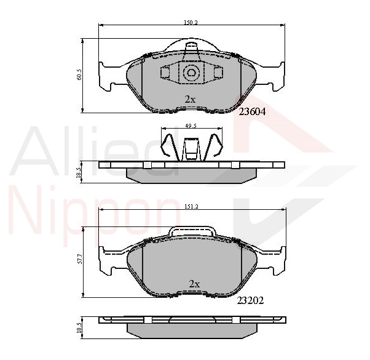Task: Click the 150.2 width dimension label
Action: tap(191, 22)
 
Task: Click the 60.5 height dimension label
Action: tap(79, 75)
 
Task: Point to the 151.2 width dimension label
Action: tap(191, 206)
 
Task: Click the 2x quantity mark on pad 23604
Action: tap(190, 99)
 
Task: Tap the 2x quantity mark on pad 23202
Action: tap(194, 284)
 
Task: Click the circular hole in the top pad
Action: tap(191, 73)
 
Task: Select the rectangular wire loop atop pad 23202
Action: tap(192, 232)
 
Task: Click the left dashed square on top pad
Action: tap(165, 73)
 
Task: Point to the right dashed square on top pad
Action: tap(216, 73)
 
